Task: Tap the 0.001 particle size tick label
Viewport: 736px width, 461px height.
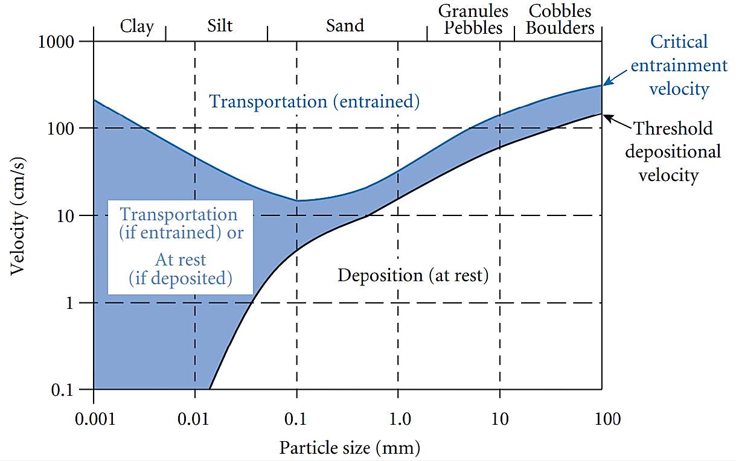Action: (94, 419)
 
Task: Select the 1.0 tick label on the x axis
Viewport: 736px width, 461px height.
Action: (398, 419)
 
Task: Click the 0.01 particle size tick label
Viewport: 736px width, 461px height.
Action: (195, 419)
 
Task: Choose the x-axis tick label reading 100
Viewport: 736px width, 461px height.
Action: (603, 419)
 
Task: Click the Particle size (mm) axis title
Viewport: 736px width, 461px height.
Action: (350, 448)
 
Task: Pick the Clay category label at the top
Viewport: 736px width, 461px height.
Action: (137, 27)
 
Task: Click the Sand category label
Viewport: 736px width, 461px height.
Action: (345, 26)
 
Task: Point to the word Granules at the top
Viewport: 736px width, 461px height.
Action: (473, 11)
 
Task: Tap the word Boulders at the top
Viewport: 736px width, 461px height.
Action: (560, 28)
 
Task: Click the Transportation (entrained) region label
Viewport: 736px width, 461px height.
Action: (314, 101)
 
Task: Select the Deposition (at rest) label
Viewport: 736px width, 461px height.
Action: (412, 276)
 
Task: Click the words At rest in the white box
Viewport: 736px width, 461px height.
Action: (180, 260)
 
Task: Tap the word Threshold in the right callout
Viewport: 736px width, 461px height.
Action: (673, 129)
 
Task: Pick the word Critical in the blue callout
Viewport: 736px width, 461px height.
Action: (679, 42)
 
